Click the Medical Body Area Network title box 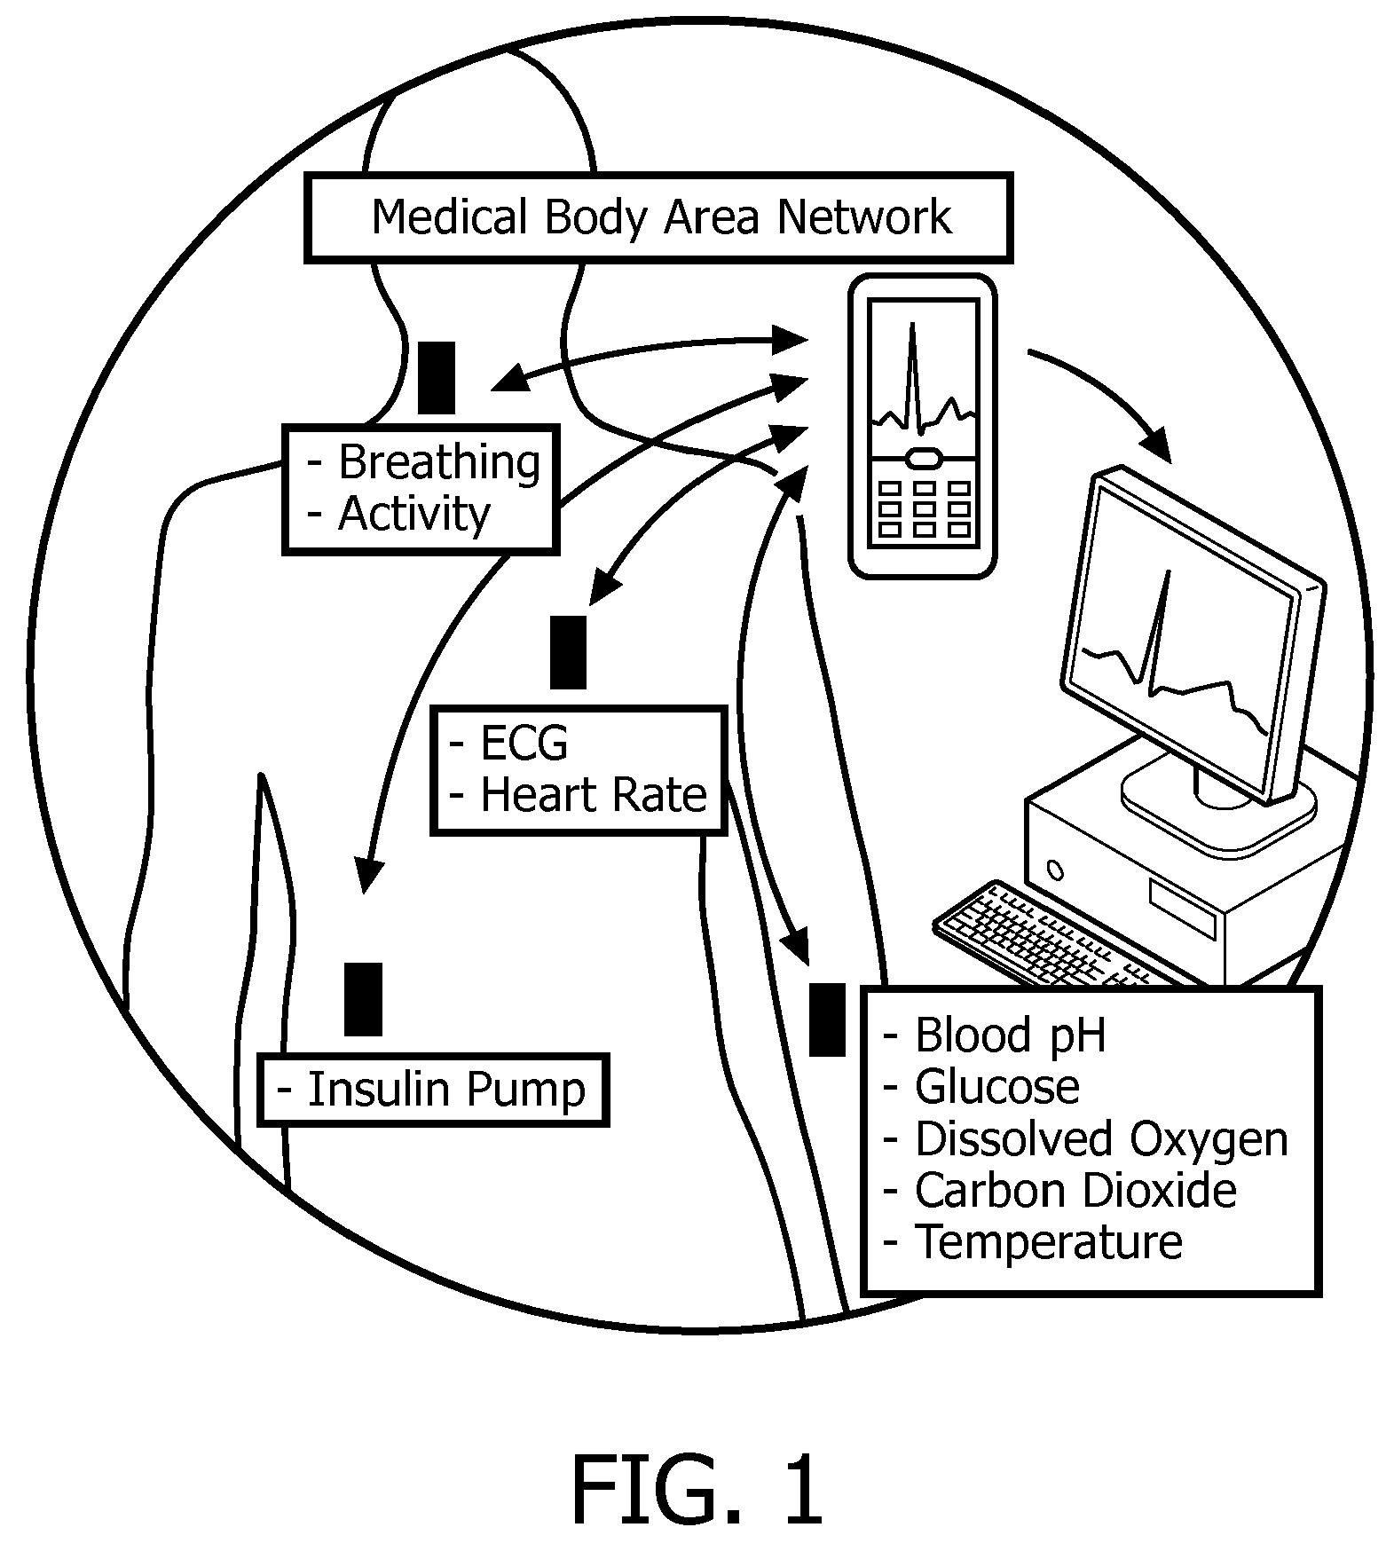pos(658,218)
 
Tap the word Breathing pos(439,462)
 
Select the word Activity pos(413,514)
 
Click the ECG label pos(524,744)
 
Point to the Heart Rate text pos(593,795)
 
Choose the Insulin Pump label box pos(433,1090)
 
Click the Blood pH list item pos(1010,1035)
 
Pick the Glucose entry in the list pos(996,1087)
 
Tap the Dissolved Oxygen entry pos(1100,1139)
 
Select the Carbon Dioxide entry pos(1075,1191)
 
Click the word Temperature pos(1048,1242)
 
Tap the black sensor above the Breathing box pos(437,378)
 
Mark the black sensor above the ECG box pos(568,652)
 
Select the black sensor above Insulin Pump pos(363,999)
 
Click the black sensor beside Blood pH pos(827,1020)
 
